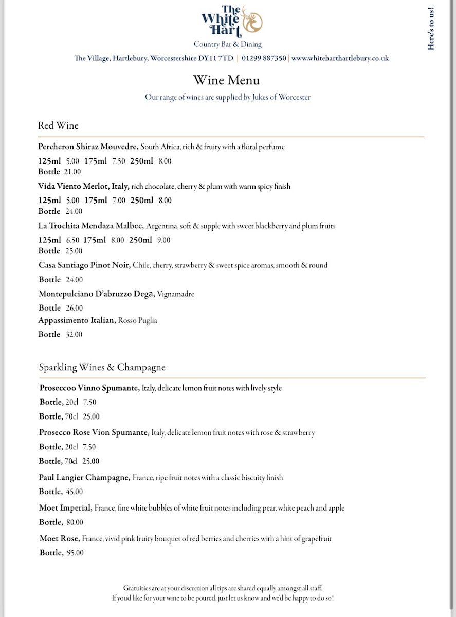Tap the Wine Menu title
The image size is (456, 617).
pyautogui.click(x=226, y=80)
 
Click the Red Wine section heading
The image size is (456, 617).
pyautogui.click(x=58, y=125)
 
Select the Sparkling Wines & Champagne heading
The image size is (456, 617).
pyautogui.click(x=102, y=367)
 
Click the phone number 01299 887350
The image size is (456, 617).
pyautogui.click(x=264, y=59)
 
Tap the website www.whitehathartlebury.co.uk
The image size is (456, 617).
pyautogui.click(x=340, y=59)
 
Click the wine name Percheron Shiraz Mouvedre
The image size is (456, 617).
pyautogui.click(x=88, y=147)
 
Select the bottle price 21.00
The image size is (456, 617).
pyautogui.click(x=72, y=172)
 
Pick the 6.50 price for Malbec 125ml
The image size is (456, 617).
pyautogui.click(x=72, y=240)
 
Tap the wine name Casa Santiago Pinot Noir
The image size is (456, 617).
pyautogui.click(x=84, y=265)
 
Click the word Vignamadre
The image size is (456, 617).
pyautogui.click(x=175, y=294)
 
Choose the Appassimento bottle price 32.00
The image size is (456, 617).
pyautogui.click(x=74, y=335)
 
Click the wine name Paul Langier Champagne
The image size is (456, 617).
pyautogui.click(x=84, y=478)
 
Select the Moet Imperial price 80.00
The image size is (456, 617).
pyautogui.click(x=75, y=522)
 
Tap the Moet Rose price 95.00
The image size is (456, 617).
pyautogui.click(x=75, y=553)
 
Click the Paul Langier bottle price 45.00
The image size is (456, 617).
pyautogui.click(x=75, y=492)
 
